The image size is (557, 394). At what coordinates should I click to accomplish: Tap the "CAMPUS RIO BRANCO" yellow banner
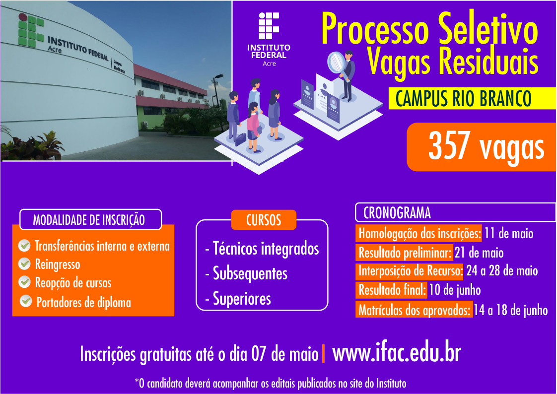click(464, 98)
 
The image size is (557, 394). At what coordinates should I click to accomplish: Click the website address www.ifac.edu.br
click(397, 354)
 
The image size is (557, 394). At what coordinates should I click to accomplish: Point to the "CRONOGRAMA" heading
click(397, 213)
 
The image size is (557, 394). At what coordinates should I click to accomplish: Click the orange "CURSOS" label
click(264, 220)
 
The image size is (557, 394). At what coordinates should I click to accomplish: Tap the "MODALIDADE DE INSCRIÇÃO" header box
click(89, 220)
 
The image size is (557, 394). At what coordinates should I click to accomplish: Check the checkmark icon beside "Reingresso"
click(24, 264)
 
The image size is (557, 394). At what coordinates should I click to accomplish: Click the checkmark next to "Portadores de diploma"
click(26, 301)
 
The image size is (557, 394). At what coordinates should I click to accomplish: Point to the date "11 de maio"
click(509, 233)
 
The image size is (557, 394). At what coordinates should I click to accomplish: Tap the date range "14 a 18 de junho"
click(510, 311)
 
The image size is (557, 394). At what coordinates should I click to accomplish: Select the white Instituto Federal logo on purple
click(269, 40)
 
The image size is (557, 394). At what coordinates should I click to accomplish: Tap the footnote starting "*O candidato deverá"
click(271, 383)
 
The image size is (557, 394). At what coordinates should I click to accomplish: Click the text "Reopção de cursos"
click(73, 283)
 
